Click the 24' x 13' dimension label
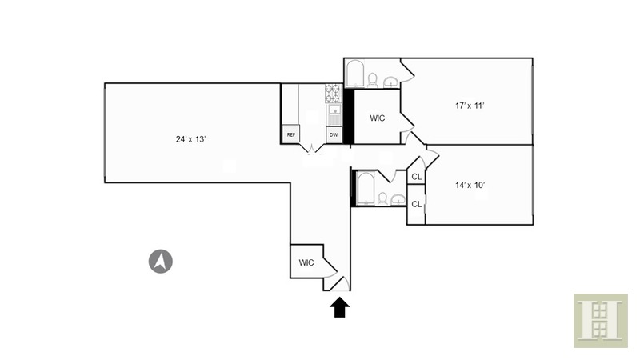point(192,139)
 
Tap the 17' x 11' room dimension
point(470,105)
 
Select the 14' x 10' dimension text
point(470,185)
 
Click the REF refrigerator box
point(291,134)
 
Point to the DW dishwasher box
point(334,134)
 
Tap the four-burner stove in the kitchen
point(334,95)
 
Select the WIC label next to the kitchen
point(377,118)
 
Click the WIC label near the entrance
point(306,262)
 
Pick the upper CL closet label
point(416,177)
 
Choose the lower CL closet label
point(416,204)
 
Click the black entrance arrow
point(340,307)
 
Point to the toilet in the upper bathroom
point(372,78)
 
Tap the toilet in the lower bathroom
point(383,197)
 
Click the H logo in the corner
point(600,320)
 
